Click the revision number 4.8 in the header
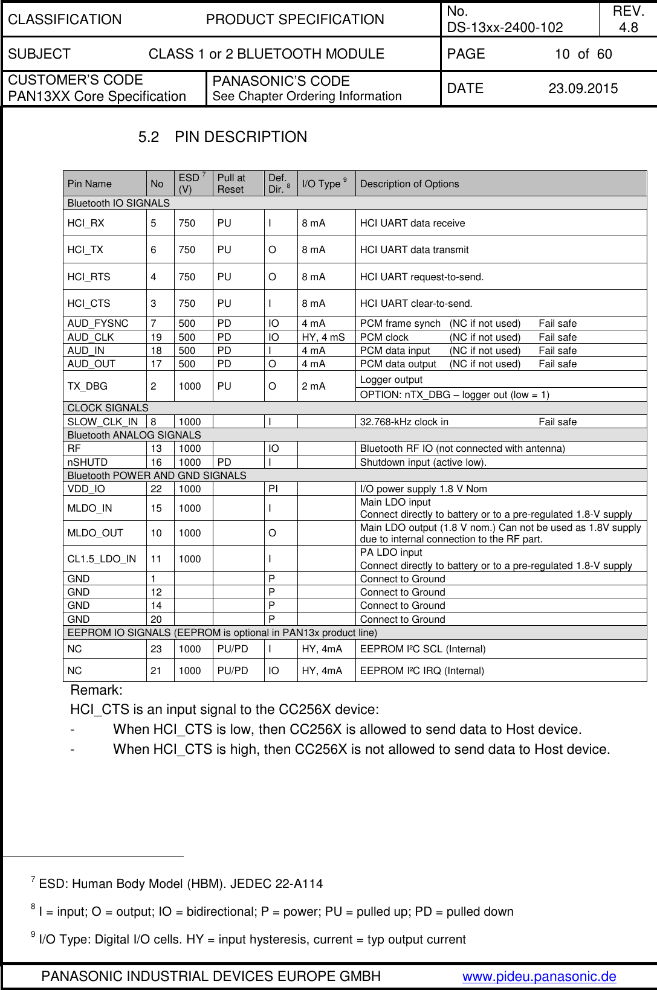(x=629, y=27)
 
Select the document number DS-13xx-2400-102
(x=505, y=27)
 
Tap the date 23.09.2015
(x=583, y=89)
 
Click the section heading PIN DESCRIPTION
(x=241, y=137)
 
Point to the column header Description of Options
(x=409, y=184)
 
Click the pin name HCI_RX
(x=86, y=223)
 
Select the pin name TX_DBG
(x=88, y=387)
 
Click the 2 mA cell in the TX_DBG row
(x=314, y=387)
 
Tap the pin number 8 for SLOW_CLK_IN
(x=154, y=422)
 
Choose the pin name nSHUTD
(x=88, y=463)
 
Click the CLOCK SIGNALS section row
(x=108, y=408)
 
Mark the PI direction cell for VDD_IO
(x=274, y=489)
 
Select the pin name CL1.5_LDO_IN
(x=102, y=559)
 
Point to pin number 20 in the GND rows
(x=156, y=620)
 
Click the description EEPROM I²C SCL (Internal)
(x=422, y=649)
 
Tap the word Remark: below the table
(x=97, y=690)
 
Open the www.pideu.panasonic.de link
(x=539, y=977)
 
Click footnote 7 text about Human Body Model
(x=180, y=884)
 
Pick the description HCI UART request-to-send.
(x=422, y=277)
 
